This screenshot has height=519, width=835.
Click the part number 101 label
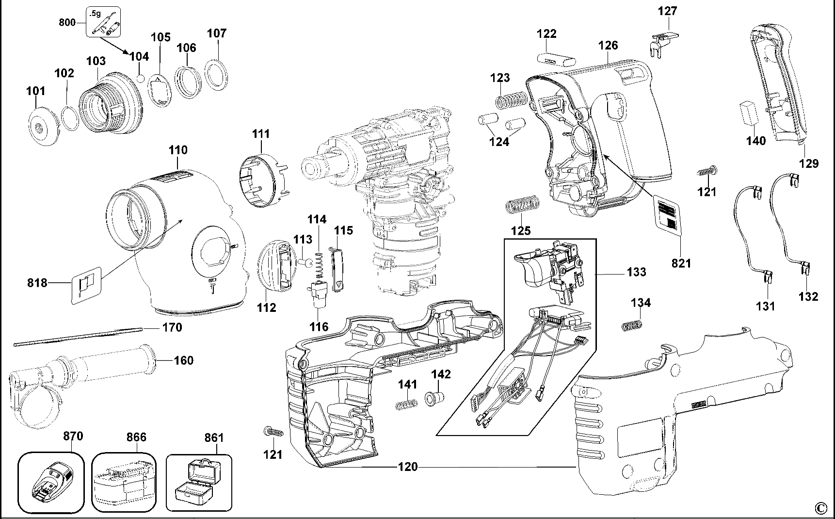click(36, 91)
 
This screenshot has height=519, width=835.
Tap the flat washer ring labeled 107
click(218, 74)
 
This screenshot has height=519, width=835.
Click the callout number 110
click(178, 150)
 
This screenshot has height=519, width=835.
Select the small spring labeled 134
click(632, 325)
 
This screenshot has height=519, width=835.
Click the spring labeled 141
click(406, 404)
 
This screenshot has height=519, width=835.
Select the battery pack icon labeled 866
click(124, 482)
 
